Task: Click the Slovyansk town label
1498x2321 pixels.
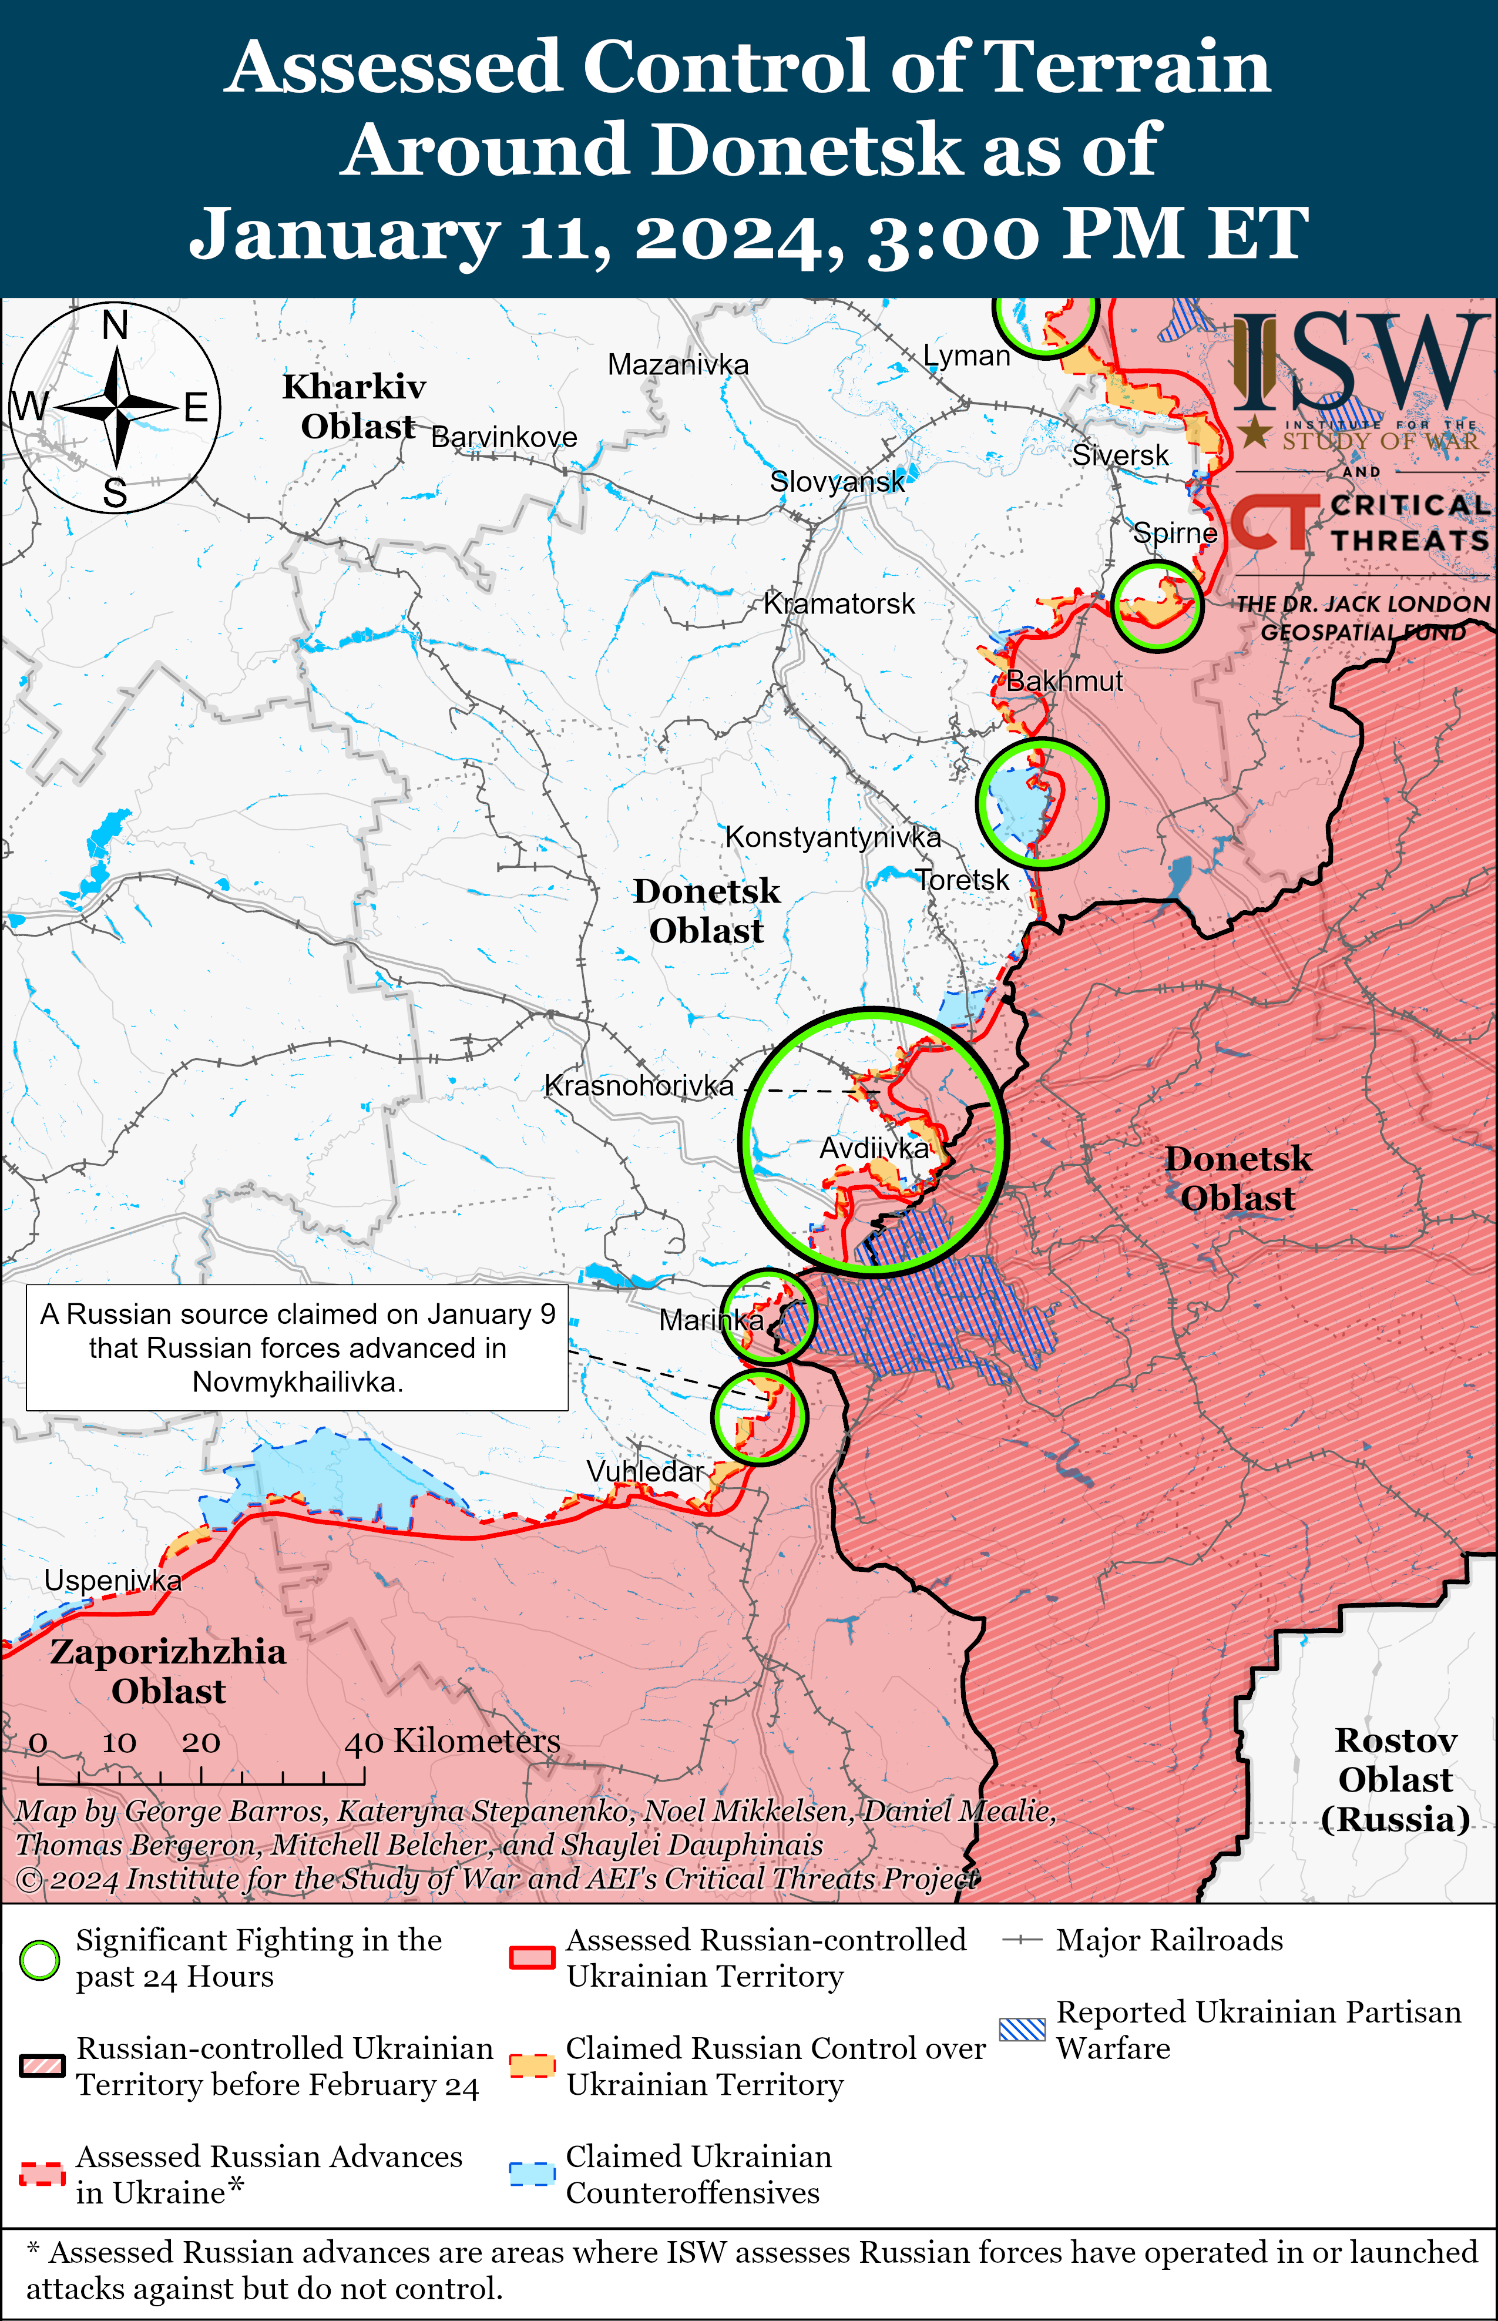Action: click(837, 481)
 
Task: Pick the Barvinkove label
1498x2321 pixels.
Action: click(504, 437)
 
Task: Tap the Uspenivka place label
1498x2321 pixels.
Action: click(113, 1580)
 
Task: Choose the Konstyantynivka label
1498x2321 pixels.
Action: click(832, 837)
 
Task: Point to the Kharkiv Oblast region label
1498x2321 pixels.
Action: click(355, 405)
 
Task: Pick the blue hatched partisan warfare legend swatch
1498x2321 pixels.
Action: click(1022, 2029)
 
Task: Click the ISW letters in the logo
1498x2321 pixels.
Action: click(1362, 362)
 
